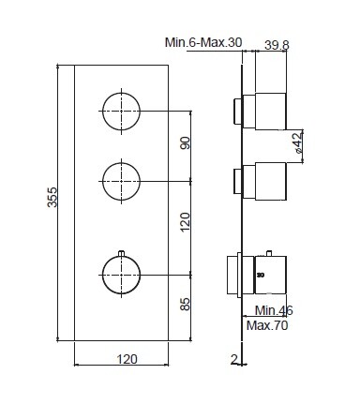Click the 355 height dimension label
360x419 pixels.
[52, 197]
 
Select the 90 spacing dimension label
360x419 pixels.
[186, 142]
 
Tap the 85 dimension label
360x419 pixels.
[186, 304]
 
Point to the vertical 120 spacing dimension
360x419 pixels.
[186, 222]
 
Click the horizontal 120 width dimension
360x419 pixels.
[127, 359]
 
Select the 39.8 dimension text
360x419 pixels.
[277, 45]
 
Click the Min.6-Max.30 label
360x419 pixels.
[203, 42]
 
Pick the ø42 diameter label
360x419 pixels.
[298, 142]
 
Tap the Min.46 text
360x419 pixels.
[274, 310]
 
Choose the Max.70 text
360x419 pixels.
[267, 325]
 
